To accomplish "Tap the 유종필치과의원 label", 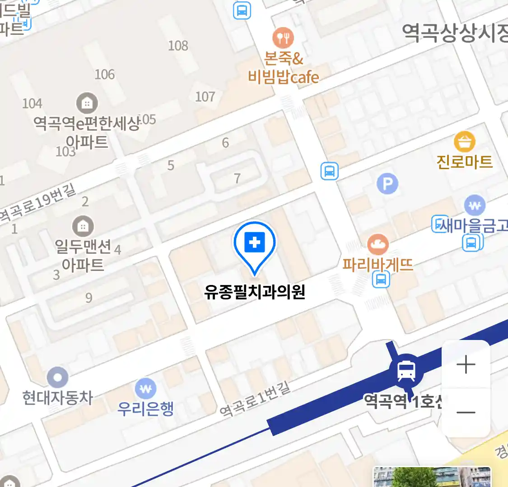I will tap(255, 292).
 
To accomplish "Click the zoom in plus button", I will tap(466, 364).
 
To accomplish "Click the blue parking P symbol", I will tap(387, 184).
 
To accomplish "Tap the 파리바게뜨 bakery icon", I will tap(378, 245).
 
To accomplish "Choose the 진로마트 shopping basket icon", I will tap(464, 142).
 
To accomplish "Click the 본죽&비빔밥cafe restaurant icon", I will tap(283, 37).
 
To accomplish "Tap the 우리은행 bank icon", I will tap(145, 388).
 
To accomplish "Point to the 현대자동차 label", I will tap(58, 398).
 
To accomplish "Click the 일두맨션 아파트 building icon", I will tap(83, 226).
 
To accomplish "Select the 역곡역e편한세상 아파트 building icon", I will tap(87, 104).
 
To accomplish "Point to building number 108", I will tap(178, 46).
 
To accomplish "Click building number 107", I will tap(205, 96).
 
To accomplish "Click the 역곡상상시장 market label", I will tap(454, 33).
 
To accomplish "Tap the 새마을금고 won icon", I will tap(474, 206).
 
